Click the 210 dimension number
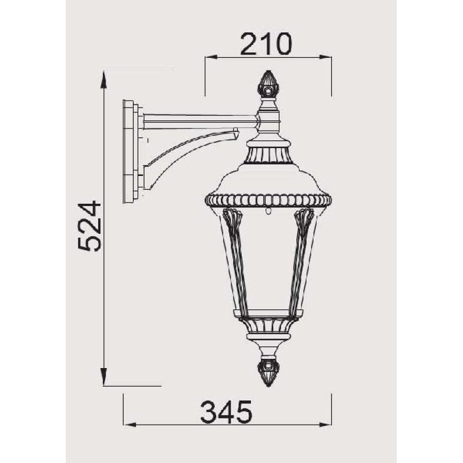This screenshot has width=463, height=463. tap(266, 44)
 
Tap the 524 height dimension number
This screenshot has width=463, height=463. tap(90, 226)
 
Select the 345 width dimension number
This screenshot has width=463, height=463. tap(226, 412)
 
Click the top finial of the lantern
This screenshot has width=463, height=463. tap(269, 84)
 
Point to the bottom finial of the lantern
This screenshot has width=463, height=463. tap(268, 372)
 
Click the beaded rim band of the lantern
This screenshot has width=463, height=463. tap(268, 200)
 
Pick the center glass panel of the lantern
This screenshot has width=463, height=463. tap(268, 260)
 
